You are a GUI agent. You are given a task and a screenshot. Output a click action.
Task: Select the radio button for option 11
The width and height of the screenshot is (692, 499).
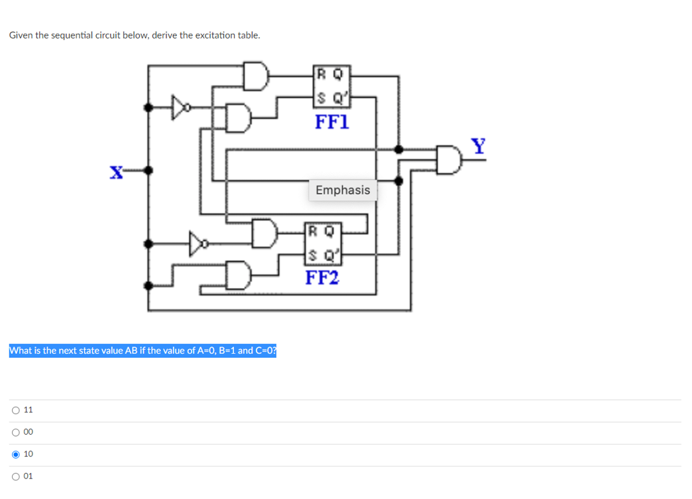(15, 410)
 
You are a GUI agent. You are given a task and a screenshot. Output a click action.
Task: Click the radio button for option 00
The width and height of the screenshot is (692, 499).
(15, 432)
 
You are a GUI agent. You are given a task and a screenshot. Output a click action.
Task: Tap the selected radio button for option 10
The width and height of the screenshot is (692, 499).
(15, 455)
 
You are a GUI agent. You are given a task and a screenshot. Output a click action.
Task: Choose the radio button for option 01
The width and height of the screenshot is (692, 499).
(15, 476)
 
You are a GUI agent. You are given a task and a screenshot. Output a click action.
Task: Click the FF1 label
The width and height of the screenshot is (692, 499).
(331, 122)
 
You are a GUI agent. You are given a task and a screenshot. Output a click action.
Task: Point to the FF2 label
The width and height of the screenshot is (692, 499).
(321, 277)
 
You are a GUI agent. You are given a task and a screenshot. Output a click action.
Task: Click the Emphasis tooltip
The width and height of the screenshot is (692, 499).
(343, 190)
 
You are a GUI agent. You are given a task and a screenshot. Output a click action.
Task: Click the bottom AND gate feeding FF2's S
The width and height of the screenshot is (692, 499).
(239, 273)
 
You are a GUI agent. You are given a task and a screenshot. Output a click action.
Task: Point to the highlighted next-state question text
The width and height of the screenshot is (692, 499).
(143, 350)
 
